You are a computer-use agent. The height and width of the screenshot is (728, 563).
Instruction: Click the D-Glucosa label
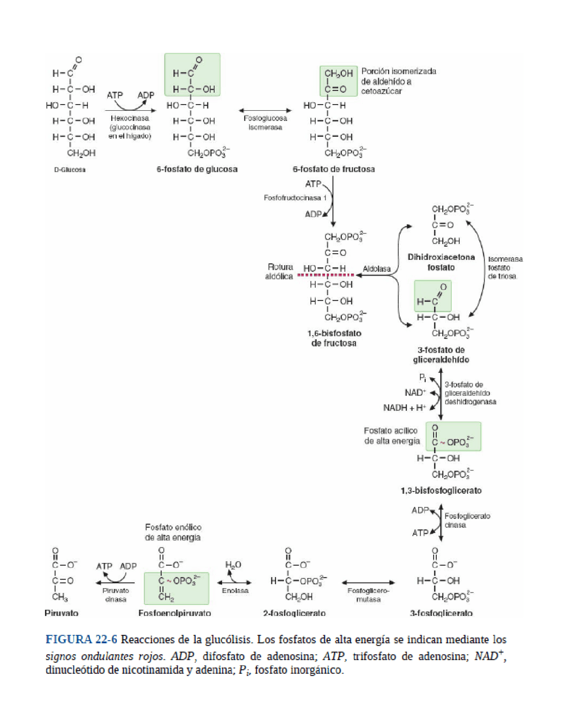pos(69,170)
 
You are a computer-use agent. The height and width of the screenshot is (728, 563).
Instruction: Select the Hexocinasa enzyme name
pos(129,118)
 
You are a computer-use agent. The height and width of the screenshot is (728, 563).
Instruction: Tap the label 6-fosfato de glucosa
pos(197,169)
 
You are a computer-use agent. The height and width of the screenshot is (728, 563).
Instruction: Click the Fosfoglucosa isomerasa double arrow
pos(265,110)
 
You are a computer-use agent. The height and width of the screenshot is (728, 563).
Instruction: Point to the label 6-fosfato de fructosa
pos(333,169)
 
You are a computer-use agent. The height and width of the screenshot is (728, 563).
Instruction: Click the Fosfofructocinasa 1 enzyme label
pos(295,198)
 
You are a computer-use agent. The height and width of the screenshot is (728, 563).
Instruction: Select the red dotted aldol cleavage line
pos(325,275)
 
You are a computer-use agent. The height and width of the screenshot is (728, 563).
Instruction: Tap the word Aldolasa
pos(377,269)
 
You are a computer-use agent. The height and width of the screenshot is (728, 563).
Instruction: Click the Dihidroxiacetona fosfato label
pos(441,262)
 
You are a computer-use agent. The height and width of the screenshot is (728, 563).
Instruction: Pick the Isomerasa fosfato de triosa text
pos(505,267)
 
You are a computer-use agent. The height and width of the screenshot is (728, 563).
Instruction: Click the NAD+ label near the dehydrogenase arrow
pos(415,393)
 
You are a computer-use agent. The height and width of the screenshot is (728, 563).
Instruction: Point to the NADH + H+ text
pos(404,408)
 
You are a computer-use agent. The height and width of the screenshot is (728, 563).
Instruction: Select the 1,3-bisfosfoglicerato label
pos(441,490)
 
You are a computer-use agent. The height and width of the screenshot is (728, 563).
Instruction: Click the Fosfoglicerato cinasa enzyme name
pos(467,521)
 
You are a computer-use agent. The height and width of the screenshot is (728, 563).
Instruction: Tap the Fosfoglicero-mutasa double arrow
pos(368,582)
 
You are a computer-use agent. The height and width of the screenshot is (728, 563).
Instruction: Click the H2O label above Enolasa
pos(233,565)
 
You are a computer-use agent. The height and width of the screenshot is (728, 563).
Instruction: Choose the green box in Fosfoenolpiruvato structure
pos(176,588)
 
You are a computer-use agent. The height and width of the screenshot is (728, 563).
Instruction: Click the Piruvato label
pos(61,613)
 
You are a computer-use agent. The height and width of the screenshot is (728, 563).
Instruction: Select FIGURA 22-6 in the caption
pos(81,640)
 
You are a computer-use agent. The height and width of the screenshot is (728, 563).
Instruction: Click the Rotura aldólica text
pos(280,271)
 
